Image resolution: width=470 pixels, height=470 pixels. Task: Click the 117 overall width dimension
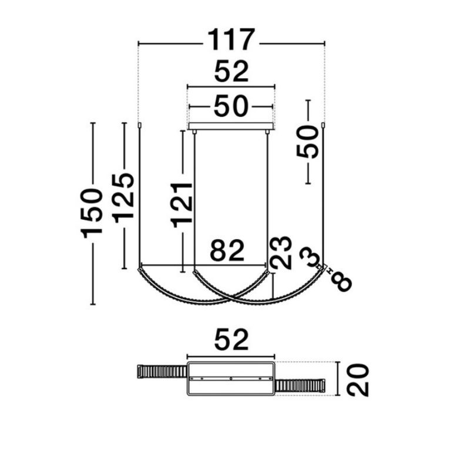pos(231,39)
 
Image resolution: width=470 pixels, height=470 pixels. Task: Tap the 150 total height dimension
pos(92,213)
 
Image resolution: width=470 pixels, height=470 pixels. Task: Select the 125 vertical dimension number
pos(123,198)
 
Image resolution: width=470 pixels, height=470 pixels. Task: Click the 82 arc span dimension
pos(227,250)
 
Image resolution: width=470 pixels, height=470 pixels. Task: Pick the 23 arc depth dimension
pos(281,253)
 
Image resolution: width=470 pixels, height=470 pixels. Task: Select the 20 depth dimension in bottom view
pos(358,380)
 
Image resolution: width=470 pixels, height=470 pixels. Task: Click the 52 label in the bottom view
pos(231,340)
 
